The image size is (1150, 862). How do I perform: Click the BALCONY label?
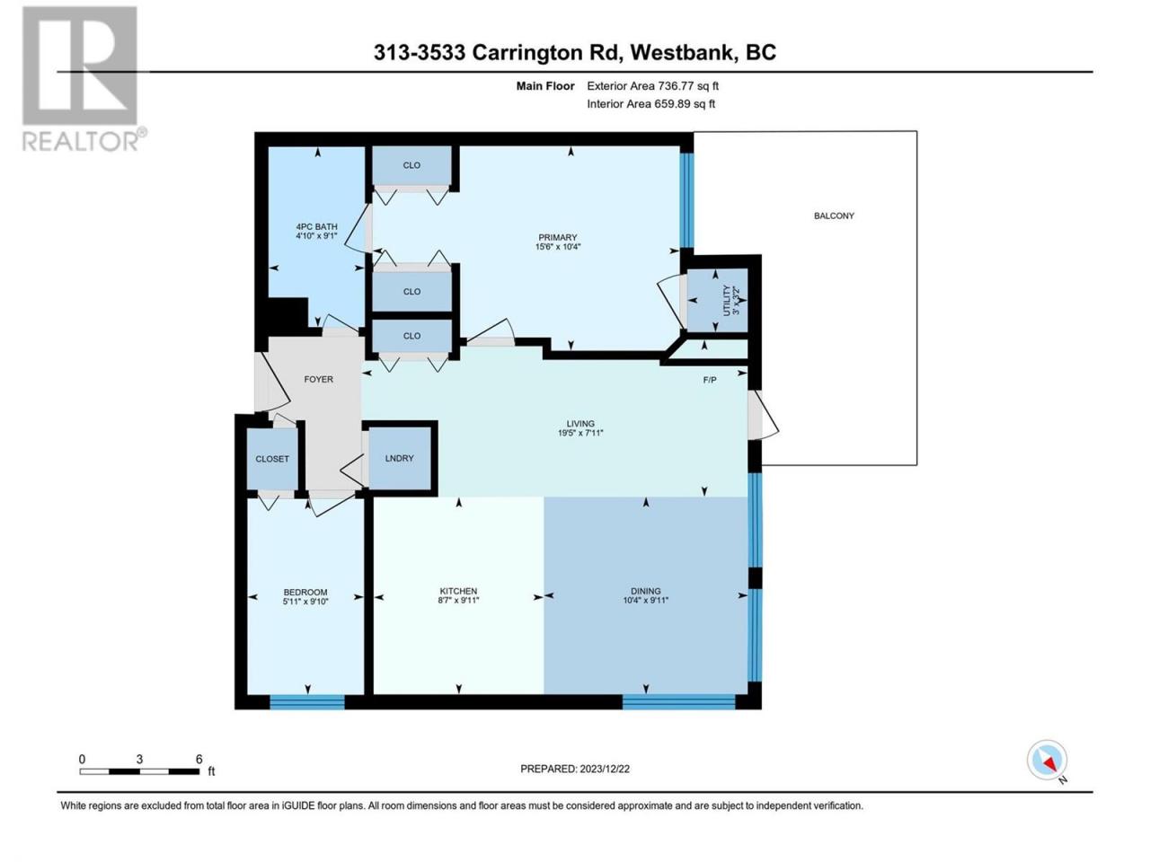pyautogui.click(x=834, y=215)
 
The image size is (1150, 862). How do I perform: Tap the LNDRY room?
pyautogui.click(x=399, y=458)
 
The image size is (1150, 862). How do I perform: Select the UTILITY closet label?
pyautogui.click(x=726, y=300)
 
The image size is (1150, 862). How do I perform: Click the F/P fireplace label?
pyautogui.click(x=710, y=380)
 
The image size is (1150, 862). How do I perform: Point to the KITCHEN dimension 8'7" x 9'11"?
pyautogui.click(x=458, y=601)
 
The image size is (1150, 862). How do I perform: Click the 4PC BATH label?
pyautogui.click(x=316, y=226)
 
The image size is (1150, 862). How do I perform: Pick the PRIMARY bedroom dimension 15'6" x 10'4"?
pyautogui.click(x=557, y=247)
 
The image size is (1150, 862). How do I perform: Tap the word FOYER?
pyautogui.click(x=319, y=379)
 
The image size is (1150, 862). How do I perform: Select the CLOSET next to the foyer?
pyautogui.click(x=272, y=459)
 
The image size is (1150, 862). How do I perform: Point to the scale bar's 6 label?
pyautogui.click(x=199, y=759)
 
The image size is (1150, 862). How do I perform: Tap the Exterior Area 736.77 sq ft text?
pyautogui.click(x=653, y=86)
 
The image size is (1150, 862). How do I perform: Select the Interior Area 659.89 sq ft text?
pyautogui.click(x=650, y=103)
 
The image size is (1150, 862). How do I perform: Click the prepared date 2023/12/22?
pyautogui.click(x=604, y=769)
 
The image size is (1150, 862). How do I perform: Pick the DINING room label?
pyautogui.click(x=645, y=591)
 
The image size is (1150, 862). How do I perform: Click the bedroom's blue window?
pyautogui.click(x=307, y=702)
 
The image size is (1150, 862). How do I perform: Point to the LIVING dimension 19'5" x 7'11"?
pyautogui.click(x=580, y=433)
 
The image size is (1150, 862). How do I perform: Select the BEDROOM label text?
pyautogui.click(x=305, y=592)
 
